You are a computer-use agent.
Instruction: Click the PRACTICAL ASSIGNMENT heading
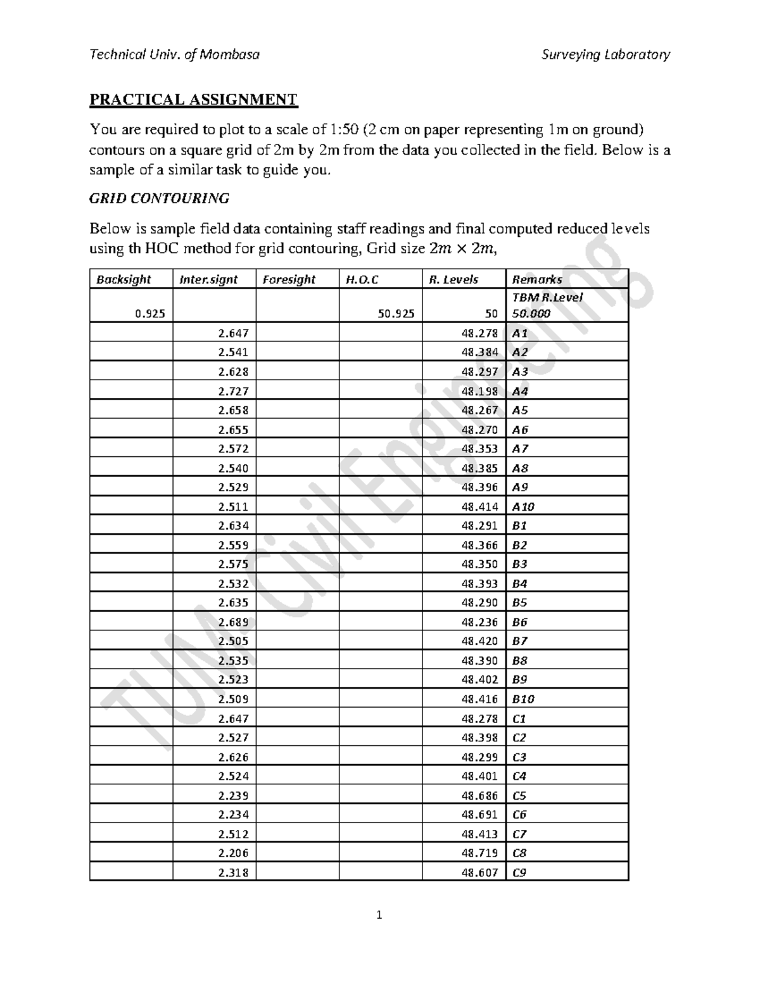pos(193,99)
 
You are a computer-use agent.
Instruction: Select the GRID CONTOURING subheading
pos(159,198)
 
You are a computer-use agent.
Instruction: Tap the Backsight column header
pos(123,279)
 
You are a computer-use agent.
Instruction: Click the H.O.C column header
pos(362,279)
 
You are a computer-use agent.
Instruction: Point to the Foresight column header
pos(289,279)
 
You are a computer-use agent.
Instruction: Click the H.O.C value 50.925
pos(396,314)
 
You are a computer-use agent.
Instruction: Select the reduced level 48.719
pos(479,853)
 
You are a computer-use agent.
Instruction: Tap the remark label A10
pos(523,506)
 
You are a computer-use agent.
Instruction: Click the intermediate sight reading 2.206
pos(233,853)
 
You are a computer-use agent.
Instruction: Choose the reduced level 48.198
pos(479,391)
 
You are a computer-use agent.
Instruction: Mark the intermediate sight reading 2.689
pos(233,622)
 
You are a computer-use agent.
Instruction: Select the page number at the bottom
pos(379,914)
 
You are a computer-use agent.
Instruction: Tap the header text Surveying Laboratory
pos(605,54)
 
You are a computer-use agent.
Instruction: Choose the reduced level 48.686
pos(479,795)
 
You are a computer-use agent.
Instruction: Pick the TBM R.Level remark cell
pos(547,305)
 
